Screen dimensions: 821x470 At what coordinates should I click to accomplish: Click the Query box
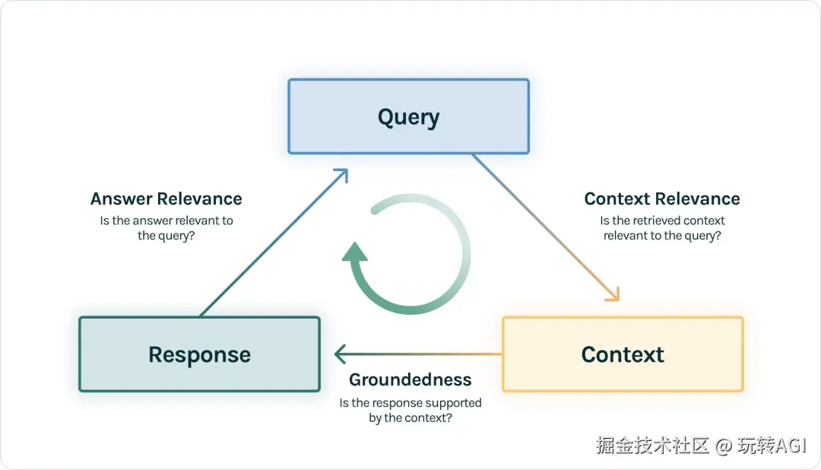pyautogui.click(x=408, y=116)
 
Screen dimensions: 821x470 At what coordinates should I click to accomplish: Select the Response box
pyautogui.click(x=199, y=354)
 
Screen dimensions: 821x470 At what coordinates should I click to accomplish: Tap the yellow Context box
pyautogui.click(x=623, y=354)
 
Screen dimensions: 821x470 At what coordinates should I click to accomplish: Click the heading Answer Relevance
pyautogui.click(x=166, y=199)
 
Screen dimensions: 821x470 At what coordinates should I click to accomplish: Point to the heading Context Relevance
pyautogui.click(x=662, y=199)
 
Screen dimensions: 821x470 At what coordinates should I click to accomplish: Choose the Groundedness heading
pyautogui.click(x=410, y=379)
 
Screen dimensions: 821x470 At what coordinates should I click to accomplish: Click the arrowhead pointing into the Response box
pyautogui.click(x=340, y=354)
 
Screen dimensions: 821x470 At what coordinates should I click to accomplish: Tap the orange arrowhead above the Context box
pyautogui.click(x=613, y=295)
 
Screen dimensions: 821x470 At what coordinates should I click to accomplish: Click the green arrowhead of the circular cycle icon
pyautogui.click(x=354, y=252)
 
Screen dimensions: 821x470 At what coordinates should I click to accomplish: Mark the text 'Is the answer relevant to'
pyautogui.click(x=166, y=221)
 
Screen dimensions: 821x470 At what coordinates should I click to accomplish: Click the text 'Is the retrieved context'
pyautogui.click(x=662, y=221)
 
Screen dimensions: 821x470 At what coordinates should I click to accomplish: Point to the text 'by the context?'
pyautogui.click(x=410, y=418)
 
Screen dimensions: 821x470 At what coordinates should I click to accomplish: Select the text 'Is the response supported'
pyautogui.click(x=410, y=403)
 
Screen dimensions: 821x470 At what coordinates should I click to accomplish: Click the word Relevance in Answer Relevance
pyautogui.click(x=199, y=199)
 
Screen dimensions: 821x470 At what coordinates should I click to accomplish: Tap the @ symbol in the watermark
pyautogui.click(x=723, y=446)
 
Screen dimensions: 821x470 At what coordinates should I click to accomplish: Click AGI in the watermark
pyautogui.click(x=791, y=446)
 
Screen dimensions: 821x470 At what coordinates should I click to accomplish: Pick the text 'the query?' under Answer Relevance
pyautogui.click(x=166, y=236)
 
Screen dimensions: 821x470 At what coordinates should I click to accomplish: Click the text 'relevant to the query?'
pyautogui.click(x=662, y=236)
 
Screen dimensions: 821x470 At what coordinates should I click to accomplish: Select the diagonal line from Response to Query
pyautogui.click(x=274, y=243)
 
